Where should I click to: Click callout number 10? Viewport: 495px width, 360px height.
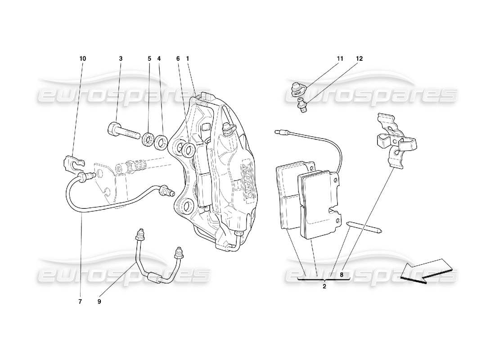point(83,58)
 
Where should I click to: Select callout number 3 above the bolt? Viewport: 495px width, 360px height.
point(121,58)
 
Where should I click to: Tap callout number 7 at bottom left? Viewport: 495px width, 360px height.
point(80,302)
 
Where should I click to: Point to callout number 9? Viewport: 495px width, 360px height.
point(99,302)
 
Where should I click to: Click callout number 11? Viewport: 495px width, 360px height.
point(340,58)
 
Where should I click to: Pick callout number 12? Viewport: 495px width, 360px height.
point(359,58)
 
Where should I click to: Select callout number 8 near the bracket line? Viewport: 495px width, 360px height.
point(342,274)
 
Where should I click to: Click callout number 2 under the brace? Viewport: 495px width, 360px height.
point(324,286)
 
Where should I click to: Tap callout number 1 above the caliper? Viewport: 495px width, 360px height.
point(187,58)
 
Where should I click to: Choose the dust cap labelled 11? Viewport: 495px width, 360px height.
point(296,89)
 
